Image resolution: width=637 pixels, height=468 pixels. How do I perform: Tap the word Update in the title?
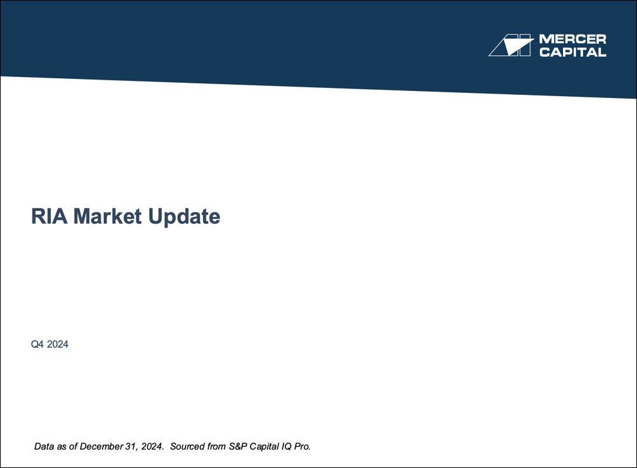click(x=184, y=217)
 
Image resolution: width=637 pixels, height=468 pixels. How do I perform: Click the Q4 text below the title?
click(x=38, y=344)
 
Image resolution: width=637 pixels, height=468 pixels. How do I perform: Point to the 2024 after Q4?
click(x=57, y=344)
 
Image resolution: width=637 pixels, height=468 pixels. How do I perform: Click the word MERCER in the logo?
click(x=573, y=40)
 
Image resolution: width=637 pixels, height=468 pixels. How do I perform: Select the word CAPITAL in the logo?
click(x=573, y=52)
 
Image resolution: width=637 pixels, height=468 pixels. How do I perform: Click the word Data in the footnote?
click(x=44, y=446)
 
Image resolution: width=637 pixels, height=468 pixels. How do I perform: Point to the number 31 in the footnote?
click(x=131, y=446)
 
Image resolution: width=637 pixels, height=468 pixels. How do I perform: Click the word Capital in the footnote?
click(x=266, y=446)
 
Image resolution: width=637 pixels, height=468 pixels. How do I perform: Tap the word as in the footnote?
click(x=62, y=446)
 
